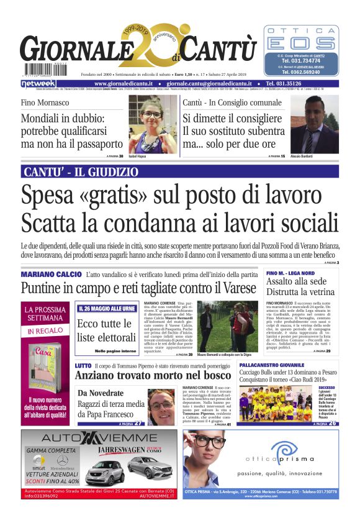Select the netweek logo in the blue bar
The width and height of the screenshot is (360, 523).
[39, 83]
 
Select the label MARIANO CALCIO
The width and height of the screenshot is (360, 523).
[51, 274]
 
